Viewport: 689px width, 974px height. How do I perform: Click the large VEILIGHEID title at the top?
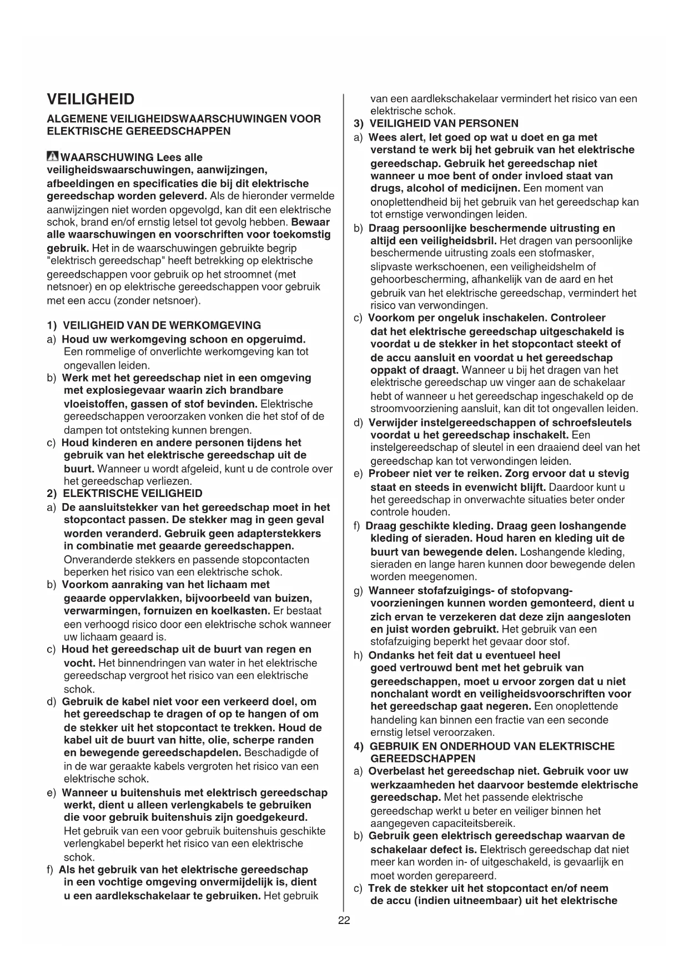pyautogui.click(x=90, y=99)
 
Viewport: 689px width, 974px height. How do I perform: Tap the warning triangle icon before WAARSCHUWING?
pyautogui.click(x=53, y=157)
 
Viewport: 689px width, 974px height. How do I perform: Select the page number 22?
pyautogui.click(x=344, y=920)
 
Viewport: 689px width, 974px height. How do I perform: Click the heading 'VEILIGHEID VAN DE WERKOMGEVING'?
pyautogui.click(x=162, y=325)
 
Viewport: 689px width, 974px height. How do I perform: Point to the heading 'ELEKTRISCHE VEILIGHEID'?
pyautogui.click(x=133, y=493)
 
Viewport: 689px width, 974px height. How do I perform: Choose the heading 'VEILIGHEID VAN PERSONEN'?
pyautogui.click(x=444, y=123)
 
